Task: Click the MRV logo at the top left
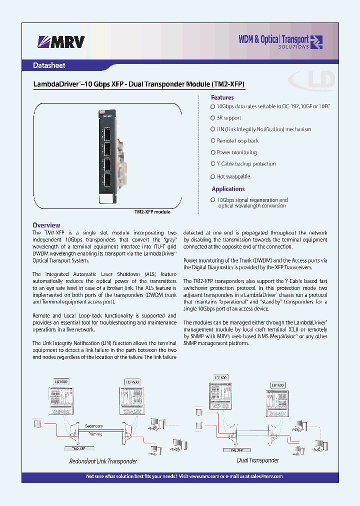click(x=61, y=42)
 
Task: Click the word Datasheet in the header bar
click(x=49, y=65)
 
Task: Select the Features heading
click(x=222, y=97)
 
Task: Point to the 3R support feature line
click(x=228, y=118)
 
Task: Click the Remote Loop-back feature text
click(x=237, y=141)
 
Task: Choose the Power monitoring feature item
click(x=236, y=152)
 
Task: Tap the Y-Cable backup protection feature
click(x=246, y=164)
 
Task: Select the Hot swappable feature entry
click(x=233, y=176)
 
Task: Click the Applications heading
click(x=228, y=189)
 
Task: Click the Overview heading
click(x=46, y=225)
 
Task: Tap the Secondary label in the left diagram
click(x=93, y=426)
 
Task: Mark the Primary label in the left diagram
click(x=94, y=434)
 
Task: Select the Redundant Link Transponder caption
click(x=102, y=461)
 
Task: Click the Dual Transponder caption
click(x=257, y=460)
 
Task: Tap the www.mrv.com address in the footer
click(x=205, y=476)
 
